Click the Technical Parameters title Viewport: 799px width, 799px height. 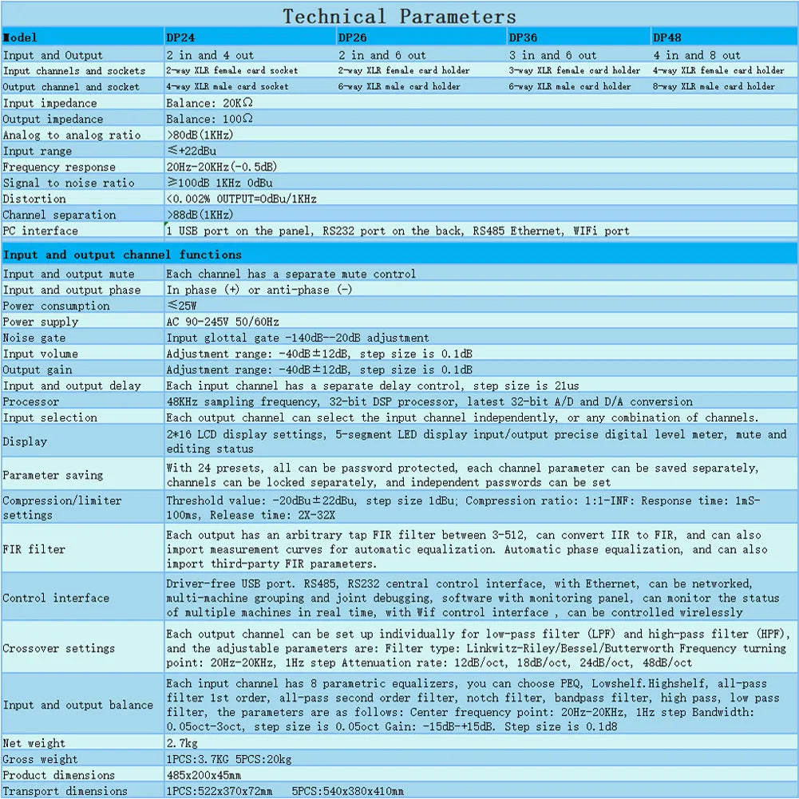coord(399,16)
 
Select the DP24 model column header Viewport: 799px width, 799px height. coord(180,38)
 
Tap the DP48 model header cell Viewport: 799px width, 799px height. coord(667,38)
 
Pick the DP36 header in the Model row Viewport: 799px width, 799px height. coord(523,38)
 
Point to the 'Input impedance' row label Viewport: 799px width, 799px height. coord(49,103)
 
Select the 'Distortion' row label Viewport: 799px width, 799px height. coord(34,199)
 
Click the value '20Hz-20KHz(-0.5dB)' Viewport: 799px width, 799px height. coord(222,167)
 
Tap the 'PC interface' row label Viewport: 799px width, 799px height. coord(41,231)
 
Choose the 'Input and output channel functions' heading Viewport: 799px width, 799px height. coord(122,255)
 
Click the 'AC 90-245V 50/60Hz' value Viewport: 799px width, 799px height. coord(223,322)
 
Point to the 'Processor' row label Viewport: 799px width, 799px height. coord(31,401)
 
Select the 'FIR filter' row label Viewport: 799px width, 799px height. coord(34,549)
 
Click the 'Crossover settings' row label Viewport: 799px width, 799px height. coord(59,648)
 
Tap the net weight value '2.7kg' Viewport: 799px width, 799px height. coord(183,743)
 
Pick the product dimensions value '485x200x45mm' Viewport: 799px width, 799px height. coord(204,775)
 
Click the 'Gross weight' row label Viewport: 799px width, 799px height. coord(41,759)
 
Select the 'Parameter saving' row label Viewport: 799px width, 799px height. coord(53,475)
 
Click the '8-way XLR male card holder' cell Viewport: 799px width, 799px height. coord(714,86)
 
